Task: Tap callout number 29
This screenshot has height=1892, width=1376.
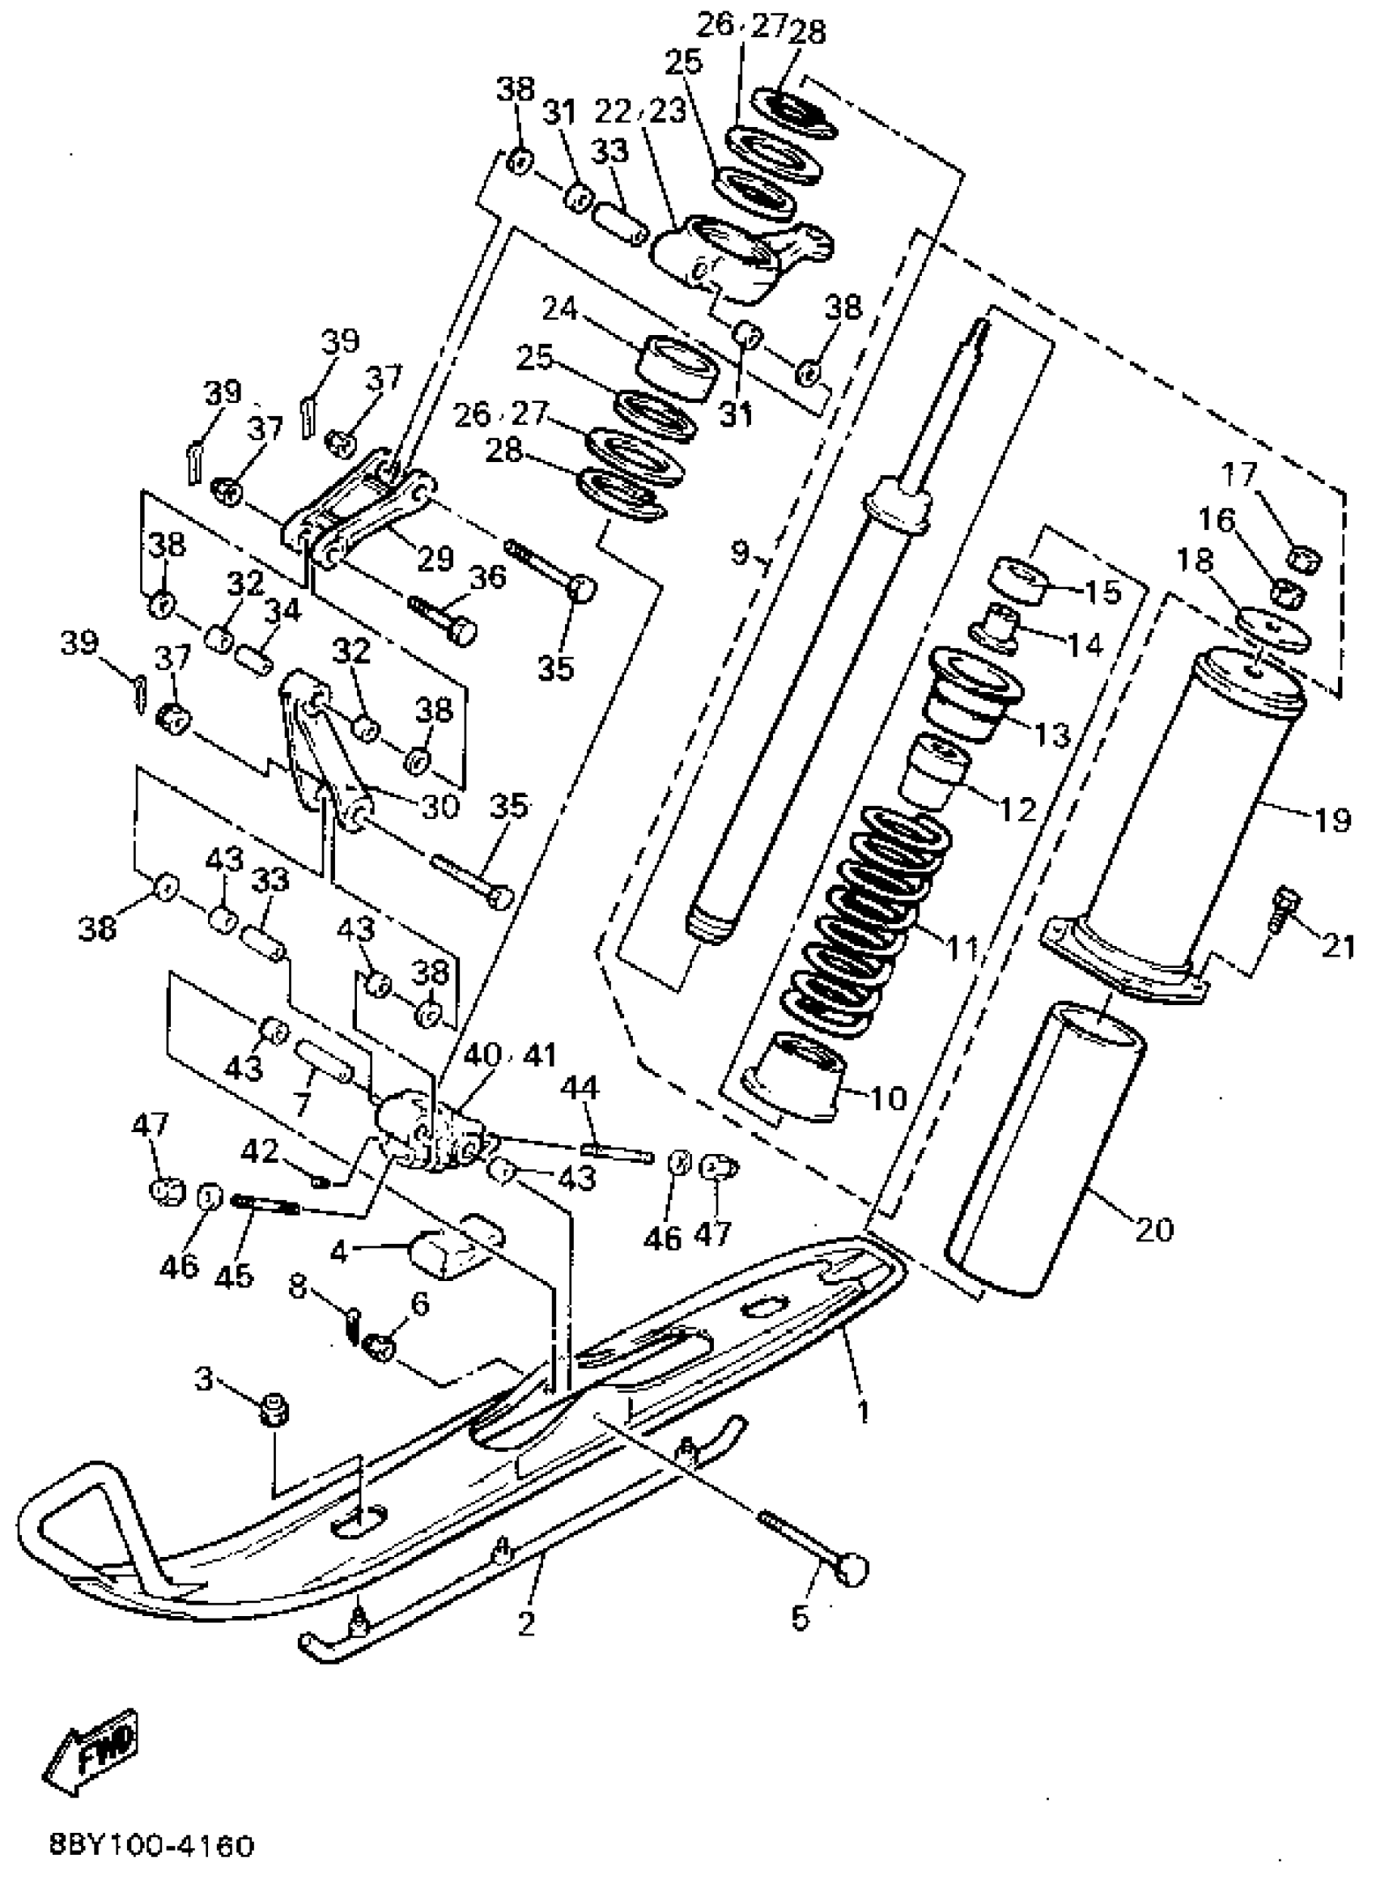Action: [435, 558]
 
